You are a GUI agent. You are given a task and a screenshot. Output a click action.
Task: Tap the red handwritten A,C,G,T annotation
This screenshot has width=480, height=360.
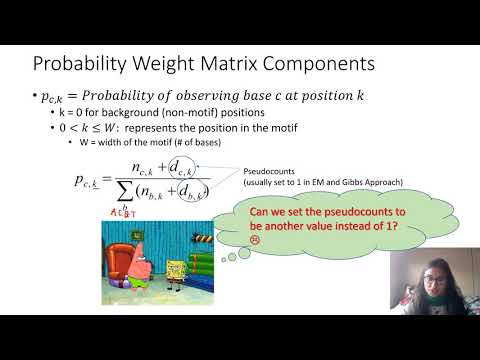(x=123, y=213)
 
